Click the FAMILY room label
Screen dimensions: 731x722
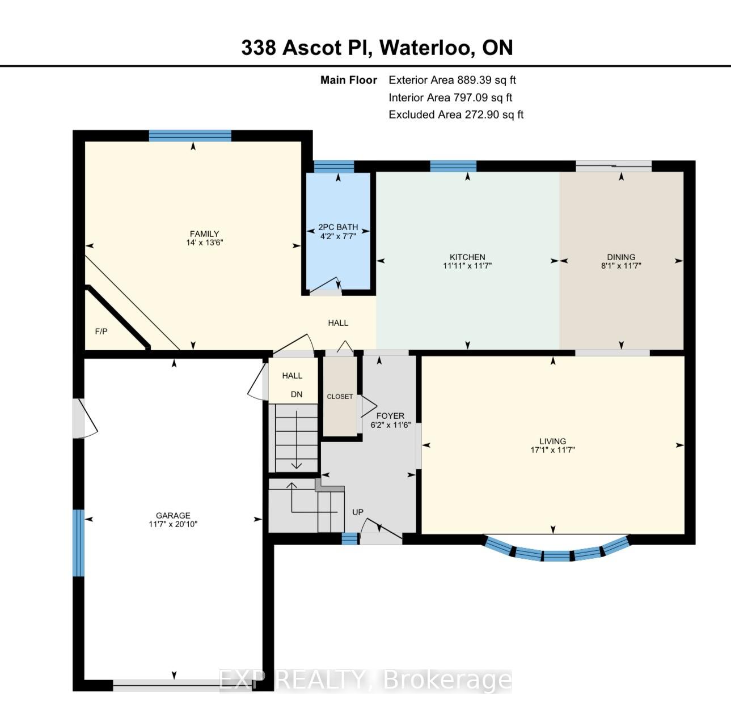click(x=205, y=234)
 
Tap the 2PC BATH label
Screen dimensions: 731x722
click(x=338, y=227)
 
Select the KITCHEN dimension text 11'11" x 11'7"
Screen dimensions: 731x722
click(x=467, y=266)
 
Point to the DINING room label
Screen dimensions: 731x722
click(x=621, y=257)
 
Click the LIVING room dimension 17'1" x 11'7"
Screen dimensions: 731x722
click(x=553, y=450)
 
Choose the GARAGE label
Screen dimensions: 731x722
click(x=173, y=516)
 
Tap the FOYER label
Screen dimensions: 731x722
click(x=390, y=416)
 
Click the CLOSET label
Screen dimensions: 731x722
click(x=340, y=397)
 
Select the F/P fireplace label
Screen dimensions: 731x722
click(x=102, y=332)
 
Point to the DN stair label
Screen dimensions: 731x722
click(x=297, y=394)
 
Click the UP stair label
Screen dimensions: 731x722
click(x=358, y=512)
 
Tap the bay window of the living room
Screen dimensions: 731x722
click(x=556, y=555)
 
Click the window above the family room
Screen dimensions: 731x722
click(x=190, y=136)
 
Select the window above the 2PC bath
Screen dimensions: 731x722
click(x=334, y=167)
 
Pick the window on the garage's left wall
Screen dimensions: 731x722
click(x=78, y=543)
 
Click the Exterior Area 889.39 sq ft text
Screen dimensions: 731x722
click(x=452, y=80)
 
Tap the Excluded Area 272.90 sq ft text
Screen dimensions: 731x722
click(x=456, y=114)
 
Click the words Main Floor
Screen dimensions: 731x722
click(x=349, y=80)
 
